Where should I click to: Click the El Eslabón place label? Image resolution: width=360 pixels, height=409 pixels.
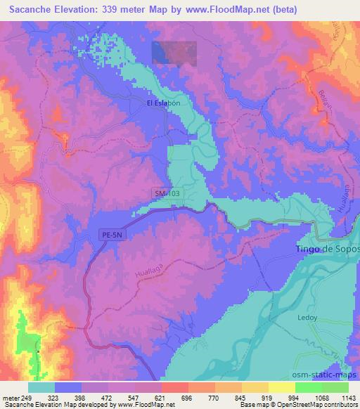163,103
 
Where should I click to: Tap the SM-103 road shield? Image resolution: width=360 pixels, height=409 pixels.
165,193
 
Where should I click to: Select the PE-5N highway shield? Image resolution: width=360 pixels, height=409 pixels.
110,238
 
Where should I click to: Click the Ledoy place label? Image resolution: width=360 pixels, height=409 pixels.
308,318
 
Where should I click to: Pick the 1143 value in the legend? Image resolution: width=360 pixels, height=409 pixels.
349,398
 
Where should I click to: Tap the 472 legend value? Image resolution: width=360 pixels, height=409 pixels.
99,398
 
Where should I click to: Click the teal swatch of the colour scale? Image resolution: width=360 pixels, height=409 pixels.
41,387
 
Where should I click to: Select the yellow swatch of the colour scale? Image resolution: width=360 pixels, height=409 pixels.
281,387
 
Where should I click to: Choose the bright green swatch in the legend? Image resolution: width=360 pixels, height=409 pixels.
308,387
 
